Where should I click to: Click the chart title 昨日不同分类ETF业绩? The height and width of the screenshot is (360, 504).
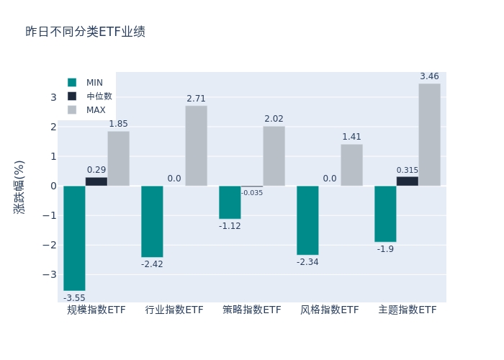point(85,32)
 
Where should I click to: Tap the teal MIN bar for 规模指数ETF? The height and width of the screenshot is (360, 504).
point(74,238)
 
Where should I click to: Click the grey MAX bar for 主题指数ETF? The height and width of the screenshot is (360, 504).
point(429,135)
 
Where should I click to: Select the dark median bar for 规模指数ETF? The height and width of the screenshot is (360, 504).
point(96,181)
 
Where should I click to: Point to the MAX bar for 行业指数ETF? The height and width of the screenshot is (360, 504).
point(196,145)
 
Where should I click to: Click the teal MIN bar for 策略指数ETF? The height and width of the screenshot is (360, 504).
point(230,202)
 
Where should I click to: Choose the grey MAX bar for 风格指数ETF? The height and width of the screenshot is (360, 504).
point(351,165)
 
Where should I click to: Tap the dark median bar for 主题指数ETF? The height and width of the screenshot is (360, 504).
point(407,181)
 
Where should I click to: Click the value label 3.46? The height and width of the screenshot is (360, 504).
point(429,76)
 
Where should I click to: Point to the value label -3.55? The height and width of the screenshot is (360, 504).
point(74,298)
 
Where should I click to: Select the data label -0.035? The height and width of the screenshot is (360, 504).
point(252,193)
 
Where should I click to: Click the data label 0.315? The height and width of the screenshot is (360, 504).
point(407,170)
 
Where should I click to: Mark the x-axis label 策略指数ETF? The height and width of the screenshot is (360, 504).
point(252,310)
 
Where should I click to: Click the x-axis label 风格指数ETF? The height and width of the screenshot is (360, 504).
point(330,310)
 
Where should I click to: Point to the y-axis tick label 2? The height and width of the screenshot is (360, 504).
point(53,127)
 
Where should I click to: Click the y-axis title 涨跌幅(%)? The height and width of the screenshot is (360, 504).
point(19,186)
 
